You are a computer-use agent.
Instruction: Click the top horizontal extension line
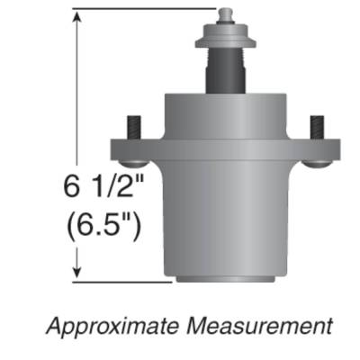[x=144, y=10]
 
